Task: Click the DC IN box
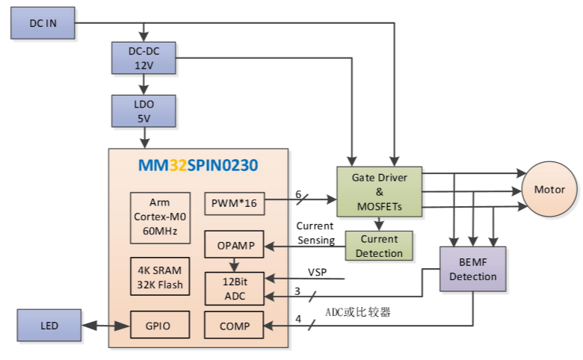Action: point(43,23)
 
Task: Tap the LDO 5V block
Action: point(143,111)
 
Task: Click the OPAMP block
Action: point(235,246)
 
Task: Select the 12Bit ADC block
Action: point(235,288)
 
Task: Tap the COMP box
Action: point(235,326)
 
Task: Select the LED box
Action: point(49,326)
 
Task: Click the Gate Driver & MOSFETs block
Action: point(380,191)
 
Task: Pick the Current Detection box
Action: point(380,246)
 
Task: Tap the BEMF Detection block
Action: point(473,269)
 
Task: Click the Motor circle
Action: point(549,190)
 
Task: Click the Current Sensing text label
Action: point(315,232)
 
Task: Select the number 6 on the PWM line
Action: point(298,193)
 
